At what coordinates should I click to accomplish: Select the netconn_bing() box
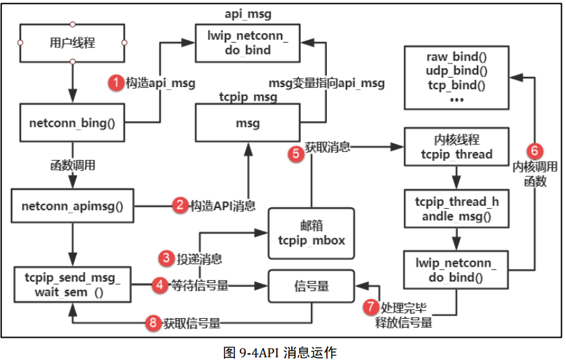(72, 123)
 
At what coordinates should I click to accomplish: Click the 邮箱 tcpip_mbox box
(311, 234)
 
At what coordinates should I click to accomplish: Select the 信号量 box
(311, 286)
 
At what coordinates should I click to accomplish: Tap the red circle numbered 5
(295, 153)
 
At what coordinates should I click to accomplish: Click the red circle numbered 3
(166, 257)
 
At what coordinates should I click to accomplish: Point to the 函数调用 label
(72, 164)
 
